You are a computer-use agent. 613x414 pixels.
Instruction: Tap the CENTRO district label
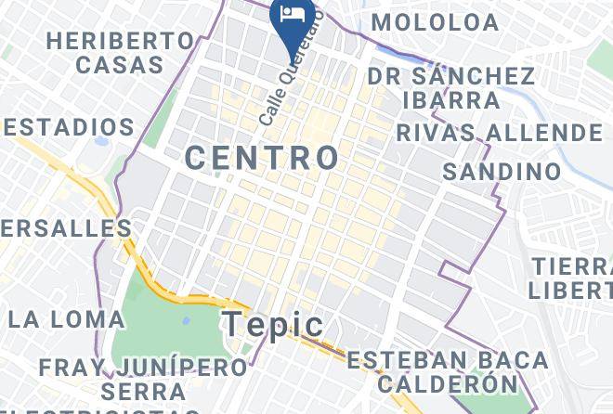pos(263,157)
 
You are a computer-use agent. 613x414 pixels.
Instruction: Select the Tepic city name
pos(273,325)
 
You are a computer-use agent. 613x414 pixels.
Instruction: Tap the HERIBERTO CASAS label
pos(121,53)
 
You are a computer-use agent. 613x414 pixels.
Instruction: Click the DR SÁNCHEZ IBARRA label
pos(450,87)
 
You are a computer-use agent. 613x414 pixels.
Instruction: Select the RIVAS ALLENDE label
pos(499,134)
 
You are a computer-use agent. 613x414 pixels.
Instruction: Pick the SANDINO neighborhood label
pos(502,172)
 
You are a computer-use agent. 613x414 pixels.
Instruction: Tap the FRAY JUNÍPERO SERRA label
pos(143,378)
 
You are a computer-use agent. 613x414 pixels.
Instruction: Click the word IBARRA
pos(451,99)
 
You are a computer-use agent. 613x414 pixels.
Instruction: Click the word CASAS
pos(120,65)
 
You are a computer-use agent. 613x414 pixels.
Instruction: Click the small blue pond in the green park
pos(186,320)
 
